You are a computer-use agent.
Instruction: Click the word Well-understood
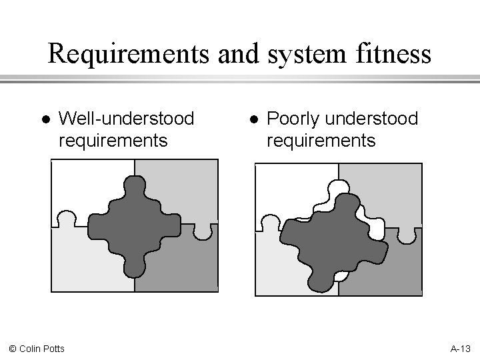coord(127,119)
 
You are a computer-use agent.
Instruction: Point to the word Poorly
coord(291,119)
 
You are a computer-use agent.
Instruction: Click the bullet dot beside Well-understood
coord(44,119)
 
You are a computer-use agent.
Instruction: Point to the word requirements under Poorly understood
coord(321,141)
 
